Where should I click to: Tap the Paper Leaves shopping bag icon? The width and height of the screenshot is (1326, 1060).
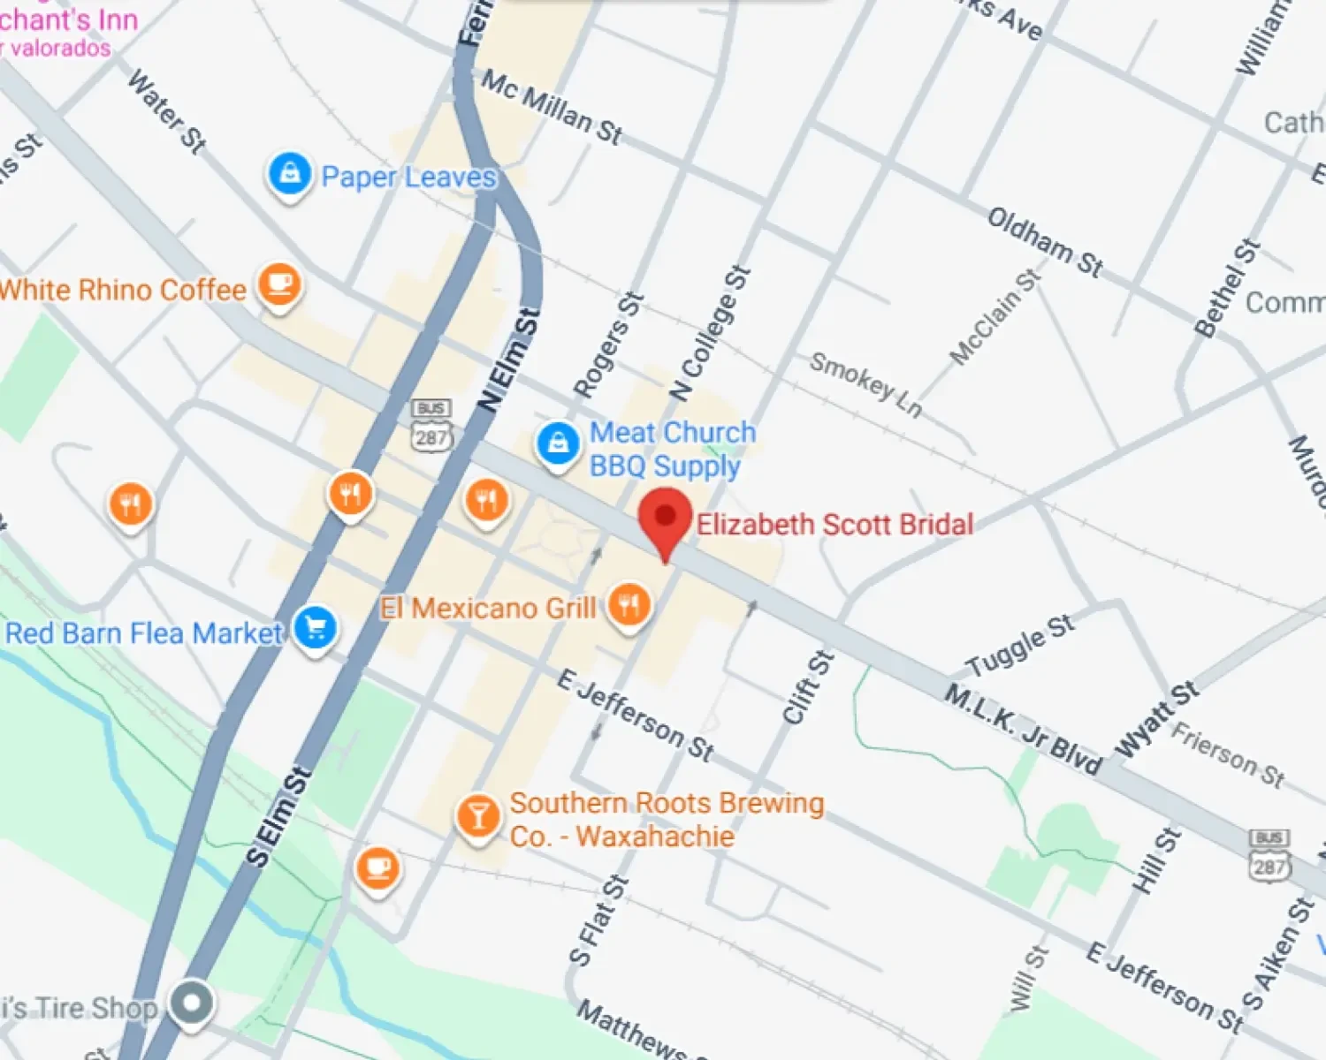click(x=289, y=175)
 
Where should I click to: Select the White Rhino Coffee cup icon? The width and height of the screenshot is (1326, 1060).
click(x=279, y=284)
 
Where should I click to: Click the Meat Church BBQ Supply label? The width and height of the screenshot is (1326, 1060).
click(x=673, y=450)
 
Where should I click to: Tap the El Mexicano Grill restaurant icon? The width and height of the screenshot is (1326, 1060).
click(x=629, y=606)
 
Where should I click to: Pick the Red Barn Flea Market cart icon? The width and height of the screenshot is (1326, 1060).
click(x=316, y=629)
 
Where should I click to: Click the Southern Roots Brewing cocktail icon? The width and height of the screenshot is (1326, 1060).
click(x=477, y=816)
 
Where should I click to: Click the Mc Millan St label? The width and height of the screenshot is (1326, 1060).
click(x=552, y=107)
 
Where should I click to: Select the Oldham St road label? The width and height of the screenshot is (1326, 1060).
click(x=1045, y=241)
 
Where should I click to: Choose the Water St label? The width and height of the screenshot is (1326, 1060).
click(x=167, y=111)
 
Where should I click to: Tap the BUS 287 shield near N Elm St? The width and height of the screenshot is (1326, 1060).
click(x=431, y=425)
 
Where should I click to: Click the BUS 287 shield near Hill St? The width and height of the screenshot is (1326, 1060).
click(x=1269, y=854)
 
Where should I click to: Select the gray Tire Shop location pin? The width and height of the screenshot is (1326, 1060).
click(x=192, y=1003)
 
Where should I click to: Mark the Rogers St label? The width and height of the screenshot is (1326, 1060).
click(x=608, y=345)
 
